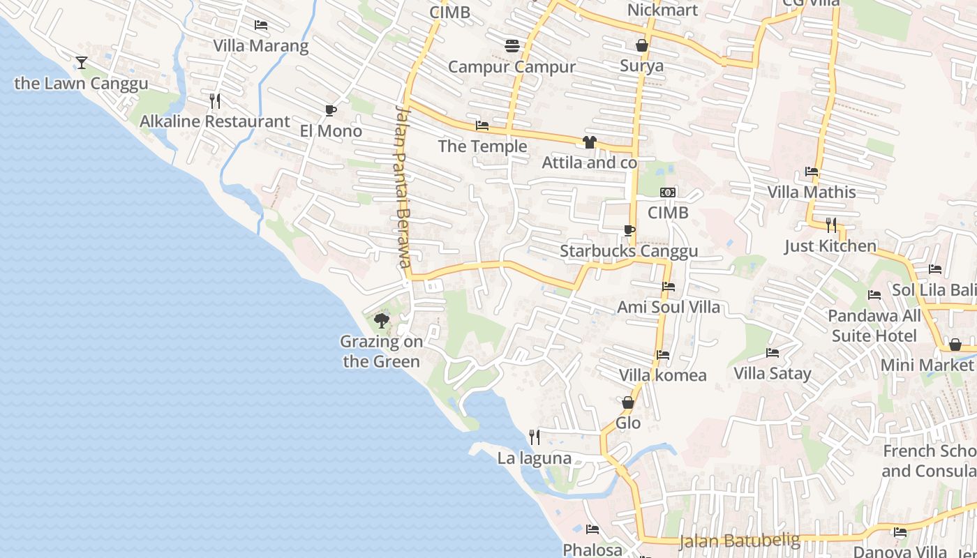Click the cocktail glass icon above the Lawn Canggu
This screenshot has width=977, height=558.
[82, 63]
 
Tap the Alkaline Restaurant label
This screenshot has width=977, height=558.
[215, 121]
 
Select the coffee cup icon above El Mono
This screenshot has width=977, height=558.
[331, 110]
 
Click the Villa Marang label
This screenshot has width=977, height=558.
[261, 46]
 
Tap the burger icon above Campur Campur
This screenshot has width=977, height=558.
[512, 46]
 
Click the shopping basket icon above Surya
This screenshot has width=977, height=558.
[642, 45]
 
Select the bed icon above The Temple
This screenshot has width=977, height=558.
[482, 126]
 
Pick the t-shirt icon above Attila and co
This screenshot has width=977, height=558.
[590, 142]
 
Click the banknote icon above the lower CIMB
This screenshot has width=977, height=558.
[668, 193]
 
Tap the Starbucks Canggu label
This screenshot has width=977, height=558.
[629, 251]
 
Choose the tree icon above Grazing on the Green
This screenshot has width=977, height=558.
[382, 321]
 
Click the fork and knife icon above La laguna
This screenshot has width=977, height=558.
[535, 437]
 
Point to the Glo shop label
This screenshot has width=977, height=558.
[628, 423]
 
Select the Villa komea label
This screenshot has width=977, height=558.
[663, 375]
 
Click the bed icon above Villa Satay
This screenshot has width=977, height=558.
[773, 353]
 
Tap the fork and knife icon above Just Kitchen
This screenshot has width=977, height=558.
[830, 225]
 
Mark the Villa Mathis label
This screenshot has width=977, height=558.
[812, 192]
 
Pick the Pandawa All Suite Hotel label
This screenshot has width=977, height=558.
[874, 326]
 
